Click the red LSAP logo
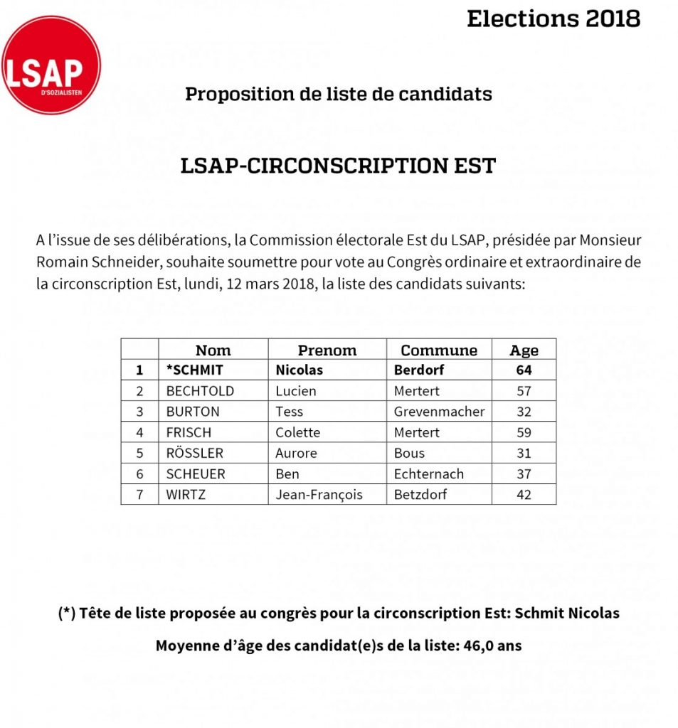51,65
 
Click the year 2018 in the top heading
613,18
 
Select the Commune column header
439,350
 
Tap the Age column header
524,350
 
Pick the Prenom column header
327,350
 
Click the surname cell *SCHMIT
194,370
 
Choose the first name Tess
289,412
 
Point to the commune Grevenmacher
439,412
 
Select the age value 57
524,391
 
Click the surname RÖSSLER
194,453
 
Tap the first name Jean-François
319,494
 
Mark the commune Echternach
428,473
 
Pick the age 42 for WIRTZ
524,494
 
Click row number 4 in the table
140,432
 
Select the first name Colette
297,432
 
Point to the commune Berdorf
419,370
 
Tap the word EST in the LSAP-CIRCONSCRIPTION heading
474,166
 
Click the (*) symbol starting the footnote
67,613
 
